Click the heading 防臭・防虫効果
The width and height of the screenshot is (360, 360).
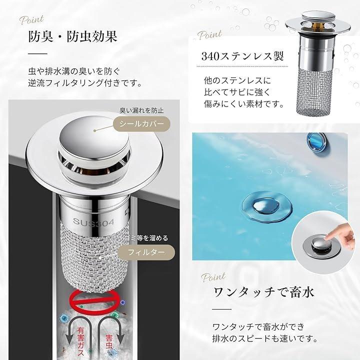tap(73, 36)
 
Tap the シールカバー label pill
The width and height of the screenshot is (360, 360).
tap(141, 124)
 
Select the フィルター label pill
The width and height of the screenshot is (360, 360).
tap(146, 252)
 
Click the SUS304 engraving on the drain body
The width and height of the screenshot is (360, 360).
tap(93, 222)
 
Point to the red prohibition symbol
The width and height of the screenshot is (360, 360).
tap(94, 301)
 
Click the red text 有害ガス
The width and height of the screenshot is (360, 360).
tap(80, 341)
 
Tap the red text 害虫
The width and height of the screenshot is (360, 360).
tap(109, 341)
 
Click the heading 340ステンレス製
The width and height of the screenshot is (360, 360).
tap(242, 56)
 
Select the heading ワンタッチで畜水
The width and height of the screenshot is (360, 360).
tap(263, 292)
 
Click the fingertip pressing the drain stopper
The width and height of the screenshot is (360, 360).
tap(328, 237)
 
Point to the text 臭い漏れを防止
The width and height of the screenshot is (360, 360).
tap(141, 110)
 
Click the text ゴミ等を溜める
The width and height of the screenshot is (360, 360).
tap(147, 238)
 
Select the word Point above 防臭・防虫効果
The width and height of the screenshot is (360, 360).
tap(31, 20)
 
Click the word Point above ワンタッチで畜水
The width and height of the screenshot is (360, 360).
tap(213, 277)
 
